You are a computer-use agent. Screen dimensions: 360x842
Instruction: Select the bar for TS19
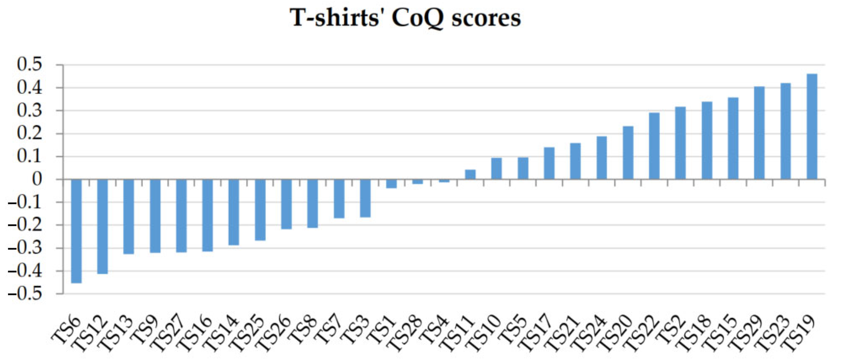pos(812,127)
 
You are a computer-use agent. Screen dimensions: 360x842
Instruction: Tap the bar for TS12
pos(102,226)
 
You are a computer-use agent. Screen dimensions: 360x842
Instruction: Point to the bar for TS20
pos(628,153)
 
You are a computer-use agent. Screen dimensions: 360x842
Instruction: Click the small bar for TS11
pos(470,174)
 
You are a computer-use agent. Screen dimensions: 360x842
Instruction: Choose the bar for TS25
pos(260,210)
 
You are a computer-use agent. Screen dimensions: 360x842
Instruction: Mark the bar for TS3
pos(365,198)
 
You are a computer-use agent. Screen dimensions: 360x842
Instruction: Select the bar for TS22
pos(654,146)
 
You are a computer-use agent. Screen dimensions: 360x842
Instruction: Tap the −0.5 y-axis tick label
pos(26,294)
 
